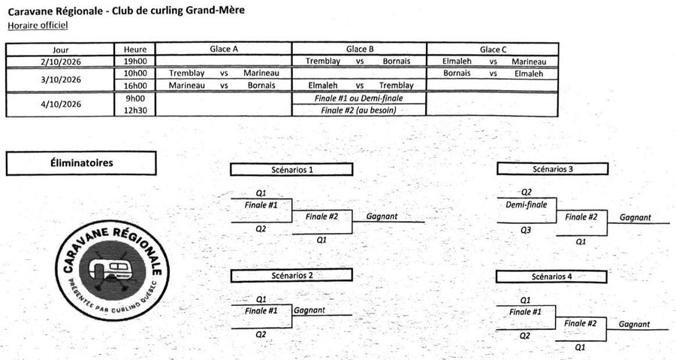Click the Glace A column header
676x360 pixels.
[224, 49]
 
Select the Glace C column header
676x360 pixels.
[493, 50]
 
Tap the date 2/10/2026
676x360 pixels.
[61, 62]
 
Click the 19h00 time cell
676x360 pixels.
[135, 61]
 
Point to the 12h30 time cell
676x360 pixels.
[135, 110]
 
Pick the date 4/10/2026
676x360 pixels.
[61, 104]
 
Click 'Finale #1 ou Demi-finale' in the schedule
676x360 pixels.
[359, 98]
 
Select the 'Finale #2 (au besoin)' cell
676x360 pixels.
[359, 110]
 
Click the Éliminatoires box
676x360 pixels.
[81, 163]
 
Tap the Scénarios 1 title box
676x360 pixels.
[291, 169]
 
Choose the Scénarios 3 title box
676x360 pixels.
[553, 169]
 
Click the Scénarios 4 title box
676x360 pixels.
[552, 277]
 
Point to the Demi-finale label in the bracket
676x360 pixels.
[527, 204]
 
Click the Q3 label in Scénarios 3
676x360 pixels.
[526, 230]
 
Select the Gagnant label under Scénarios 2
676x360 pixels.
[309, 310]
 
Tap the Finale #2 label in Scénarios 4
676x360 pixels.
[581, 323]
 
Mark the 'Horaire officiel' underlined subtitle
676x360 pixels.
[38, 26]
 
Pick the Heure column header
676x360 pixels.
[135, 50]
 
